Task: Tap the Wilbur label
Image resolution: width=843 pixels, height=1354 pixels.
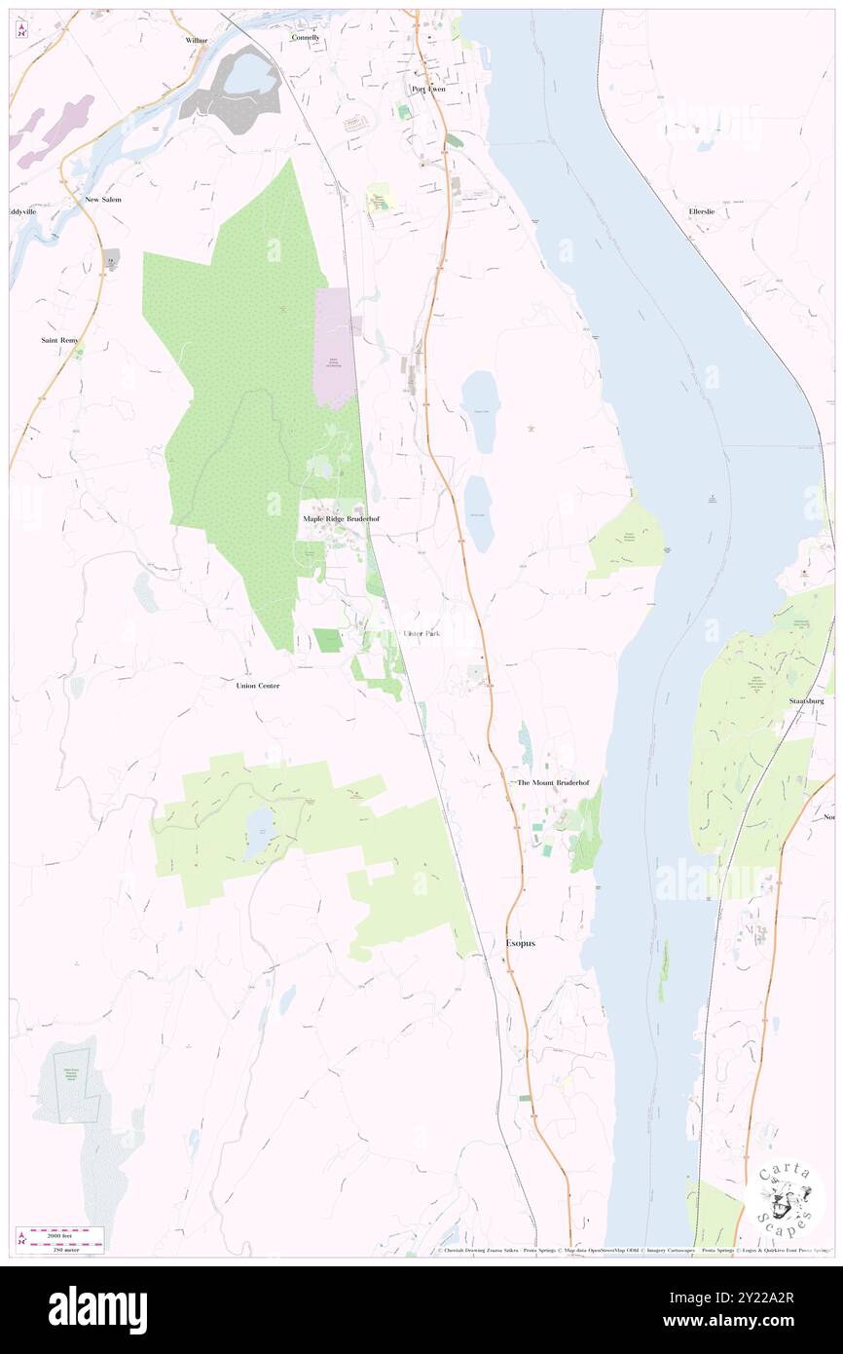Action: point(198,41)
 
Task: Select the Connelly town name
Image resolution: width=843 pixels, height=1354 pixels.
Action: point(305,37)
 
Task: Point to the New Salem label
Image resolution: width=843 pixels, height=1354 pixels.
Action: point(103,199)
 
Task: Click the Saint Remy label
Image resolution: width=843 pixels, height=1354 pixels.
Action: point(59,340)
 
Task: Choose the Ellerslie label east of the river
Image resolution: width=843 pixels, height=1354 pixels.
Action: point(702,211)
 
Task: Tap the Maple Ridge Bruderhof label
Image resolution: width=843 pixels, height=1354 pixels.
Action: point(340,519)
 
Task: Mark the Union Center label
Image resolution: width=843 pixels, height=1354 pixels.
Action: point(258,686)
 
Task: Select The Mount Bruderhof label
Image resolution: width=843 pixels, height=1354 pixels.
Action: point(552,783)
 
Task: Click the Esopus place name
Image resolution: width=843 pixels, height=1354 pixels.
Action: point(521,944)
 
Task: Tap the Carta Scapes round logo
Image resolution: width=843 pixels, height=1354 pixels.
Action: point(785,1199)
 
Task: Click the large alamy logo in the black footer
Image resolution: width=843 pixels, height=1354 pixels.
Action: point(97,1309)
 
